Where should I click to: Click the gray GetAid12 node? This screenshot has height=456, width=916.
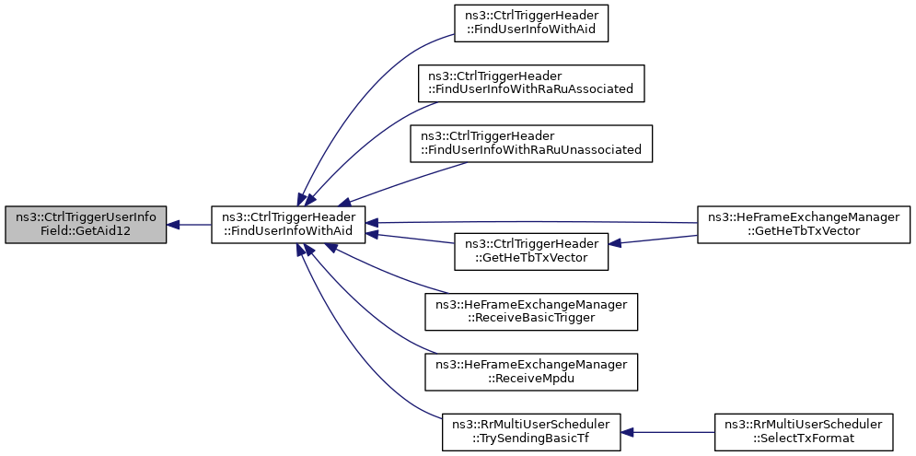(86, 225)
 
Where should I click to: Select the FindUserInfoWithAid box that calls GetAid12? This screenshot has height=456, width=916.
(289, 225)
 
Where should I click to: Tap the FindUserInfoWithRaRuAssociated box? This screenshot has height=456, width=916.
(530, 82)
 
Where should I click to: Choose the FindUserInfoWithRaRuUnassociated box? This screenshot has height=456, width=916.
(531, 144)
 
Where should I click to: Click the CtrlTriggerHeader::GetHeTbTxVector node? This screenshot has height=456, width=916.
(531, 251)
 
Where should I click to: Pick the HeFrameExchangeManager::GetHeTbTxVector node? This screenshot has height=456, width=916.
(804, 225)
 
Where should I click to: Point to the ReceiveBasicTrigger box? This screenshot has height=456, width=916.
(531, 312)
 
